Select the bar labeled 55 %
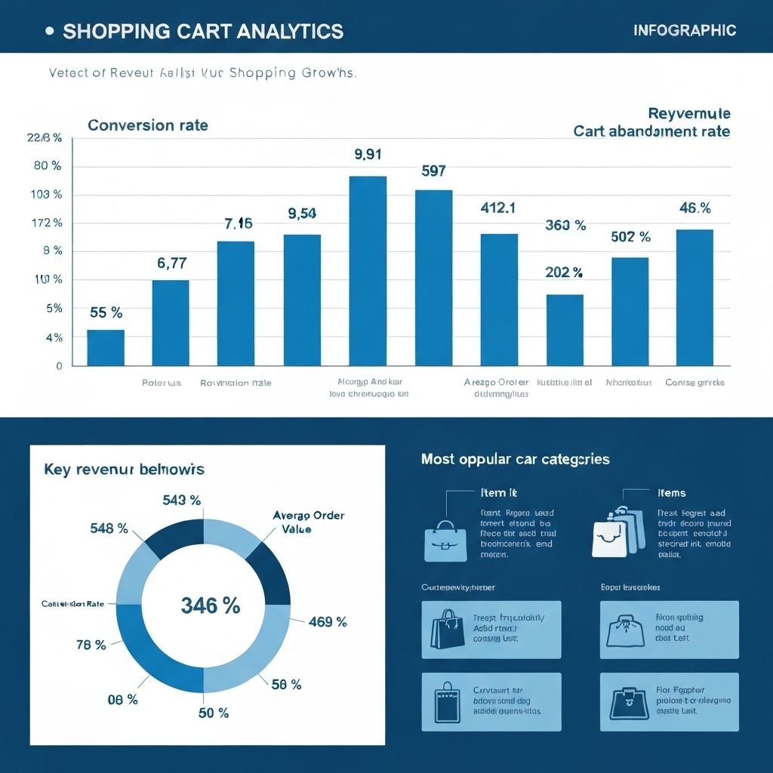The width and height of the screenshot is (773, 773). (106, 347)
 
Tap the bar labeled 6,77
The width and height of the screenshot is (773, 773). (171, 322)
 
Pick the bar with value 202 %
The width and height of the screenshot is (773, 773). (565, 330)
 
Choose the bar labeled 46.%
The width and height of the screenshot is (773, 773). (694, 297)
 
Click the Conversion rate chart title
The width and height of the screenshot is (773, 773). (148, 125)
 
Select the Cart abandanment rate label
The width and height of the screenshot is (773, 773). (651, 131)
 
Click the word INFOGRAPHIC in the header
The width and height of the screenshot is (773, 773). (685, 31)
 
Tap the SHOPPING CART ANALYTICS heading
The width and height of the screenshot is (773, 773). (203, 32)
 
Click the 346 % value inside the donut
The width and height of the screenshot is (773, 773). (210, 605)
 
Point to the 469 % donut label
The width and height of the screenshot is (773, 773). (328, 622)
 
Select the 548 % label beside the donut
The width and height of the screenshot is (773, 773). (109, 528)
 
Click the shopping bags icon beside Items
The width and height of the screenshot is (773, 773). (617, 531)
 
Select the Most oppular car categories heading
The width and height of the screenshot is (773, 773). (515, 459)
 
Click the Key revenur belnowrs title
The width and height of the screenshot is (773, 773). (124, 470)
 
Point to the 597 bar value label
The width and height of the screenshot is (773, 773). (433, 171)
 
